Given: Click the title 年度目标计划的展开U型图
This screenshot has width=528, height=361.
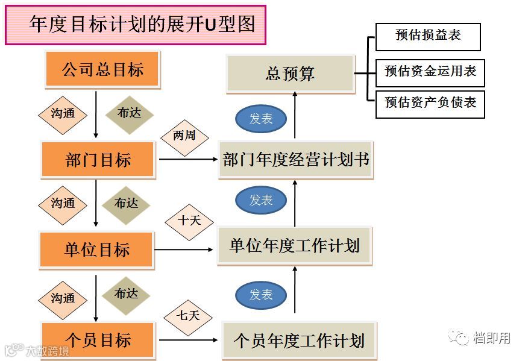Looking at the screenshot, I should pos(136,24).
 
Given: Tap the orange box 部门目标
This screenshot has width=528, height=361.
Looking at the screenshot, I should pos(98,160).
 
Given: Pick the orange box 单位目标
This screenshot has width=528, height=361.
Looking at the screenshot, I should pos(96,249).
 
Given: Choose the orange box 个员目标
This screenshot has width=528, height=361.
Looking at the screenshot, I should pos(98,339).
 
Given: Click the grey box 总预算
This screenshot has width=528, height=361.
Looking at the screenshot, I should pos(290,74).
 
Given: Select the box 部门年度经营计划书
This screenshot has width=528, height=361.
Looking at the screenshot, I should pos(295,160).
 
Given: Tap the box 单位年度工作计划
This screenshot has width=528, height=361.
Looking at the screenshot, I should pos(295,246).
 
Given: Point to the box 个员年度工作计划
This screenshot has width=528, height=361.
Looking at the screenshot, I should pos(299,340).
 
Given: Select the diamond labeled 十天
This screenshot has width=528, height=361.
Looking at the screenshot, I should pos(189,221).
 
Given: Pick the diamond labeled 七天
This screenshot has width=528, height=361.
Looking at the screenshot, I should pos(187,316).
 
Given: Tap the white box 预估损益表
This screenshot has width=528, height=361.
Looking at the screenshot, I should pos(428,36).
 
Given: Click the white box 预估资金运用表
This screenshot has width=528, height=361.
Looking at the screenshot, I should pos(430,72).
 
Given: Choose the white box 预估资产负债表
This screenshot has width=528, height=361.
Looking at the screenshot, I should pos(430,103).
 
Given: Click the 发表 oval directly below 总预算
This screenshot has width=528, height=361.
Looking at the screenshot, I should pos(261,119).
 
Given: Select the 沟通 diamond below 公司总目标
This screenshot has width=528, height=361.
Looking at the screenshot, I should pos(63,113).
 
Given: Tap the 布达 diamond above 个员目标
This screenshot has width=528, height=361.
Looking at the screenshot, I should pos(126,294).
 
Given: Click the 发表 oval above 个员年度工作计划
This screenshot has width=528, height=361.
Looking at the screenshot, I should pos(261,295).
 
